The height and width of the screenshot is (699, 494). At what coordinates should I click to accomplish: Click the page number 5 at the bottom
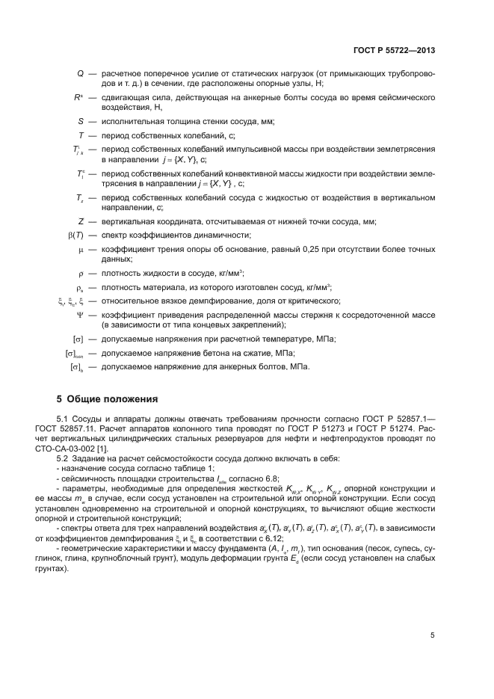click(433, 635)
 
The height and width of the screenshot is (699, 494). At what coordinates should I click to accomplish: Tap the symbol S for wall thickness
click(81, 121)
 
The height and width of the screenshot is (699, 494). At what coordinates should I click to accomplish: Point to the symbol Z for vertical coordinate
click(80, 221)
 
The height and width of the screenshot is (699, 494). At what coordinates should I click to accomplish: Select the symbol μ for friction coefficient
click(81, 249)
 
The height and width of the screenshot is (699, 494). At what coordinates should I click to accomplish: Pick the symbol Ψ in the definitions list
click(80, 315)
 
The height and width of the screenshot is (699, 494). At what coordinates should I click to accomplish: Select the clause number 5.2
click(64, 457)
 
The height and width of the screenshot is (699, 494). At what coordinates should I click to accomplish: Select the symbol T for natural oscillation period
click(80, 135)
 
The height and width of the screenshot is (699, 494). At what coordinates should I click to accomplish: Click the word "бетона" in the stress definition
click(185, 353)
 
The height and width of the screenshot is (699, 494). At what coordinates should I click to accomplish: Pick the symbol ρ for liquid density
click(80, 273)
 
